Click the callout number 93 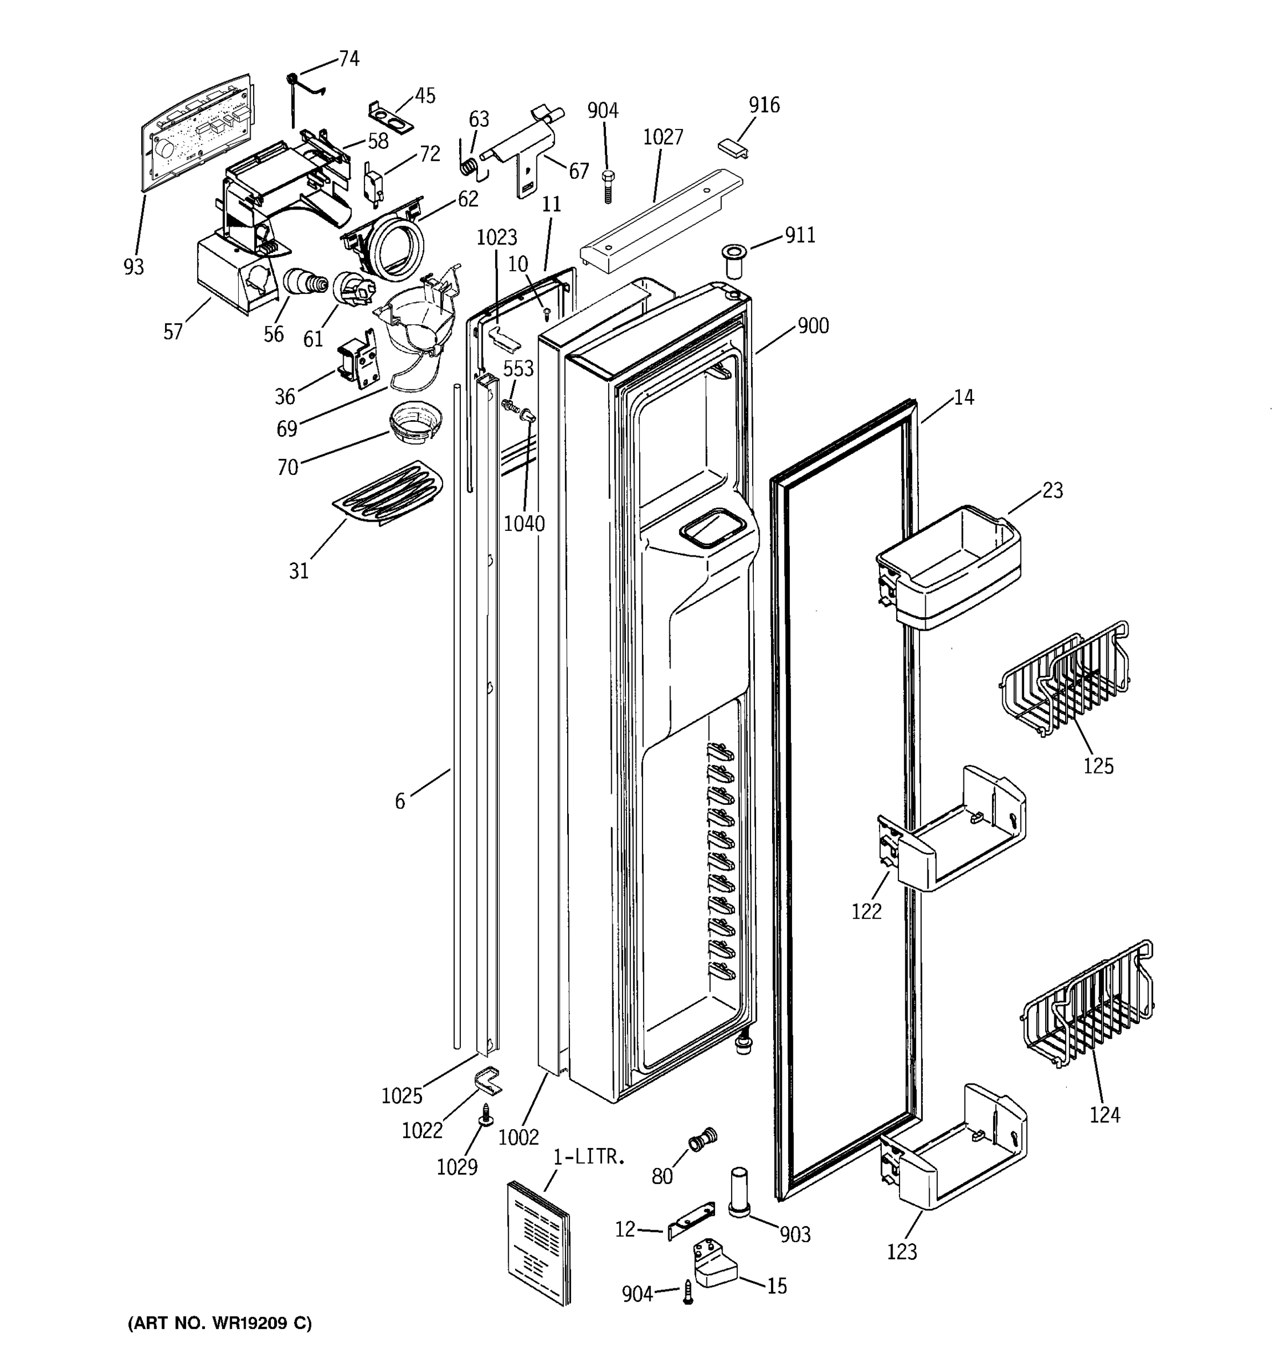[134, 267]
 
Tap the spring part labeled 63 [469, 167]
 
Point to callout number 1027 [662, 137]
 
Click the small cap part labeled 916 [733, 147]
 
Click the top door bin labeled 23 [949, 566]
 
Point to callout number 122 [866, 911]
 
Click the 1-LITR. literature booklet [539, 1242]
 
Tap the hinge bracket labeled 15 [714, 1266]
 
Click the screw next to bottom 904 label [686, 1291]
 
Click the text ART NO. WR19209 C [219, 1323]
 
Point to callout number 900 [813, 326]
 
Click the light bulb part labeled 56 [304, 283]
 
